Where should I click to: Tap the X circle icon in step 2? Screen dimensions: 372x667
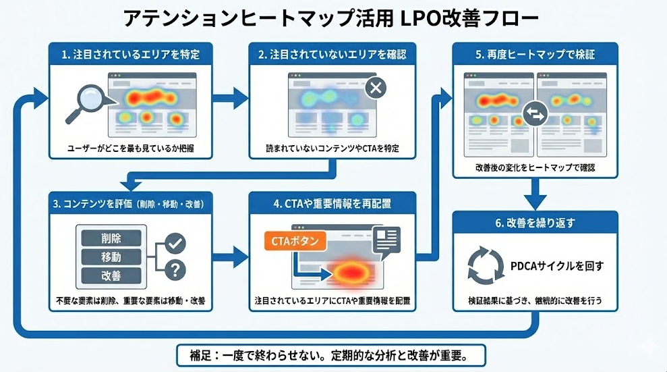point(376,88)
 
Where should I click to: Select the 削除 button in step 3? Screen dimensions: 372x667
point(111,238)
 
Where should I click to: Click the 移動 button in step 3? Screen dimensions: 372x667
point(111,257)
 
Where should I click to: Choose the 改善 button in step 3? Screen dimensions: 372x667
point(111,275)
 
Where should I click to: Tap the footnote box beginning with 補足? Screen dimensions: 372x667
point(330,354)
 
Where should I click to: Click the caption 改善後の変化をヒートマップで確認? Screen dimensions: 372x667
point(535,166)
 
